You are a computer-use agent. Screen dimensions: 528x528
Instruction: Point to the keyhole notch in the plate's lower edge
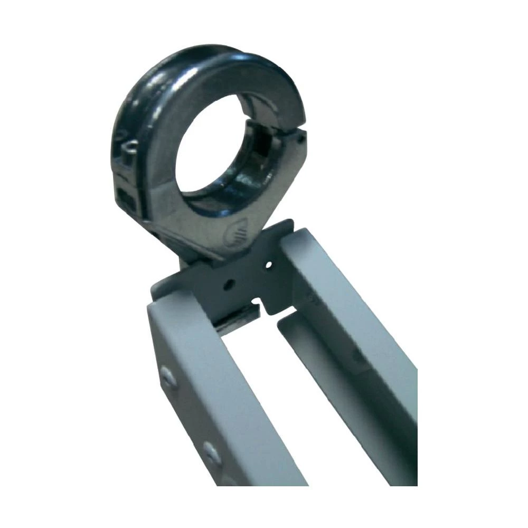(257, 305)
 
